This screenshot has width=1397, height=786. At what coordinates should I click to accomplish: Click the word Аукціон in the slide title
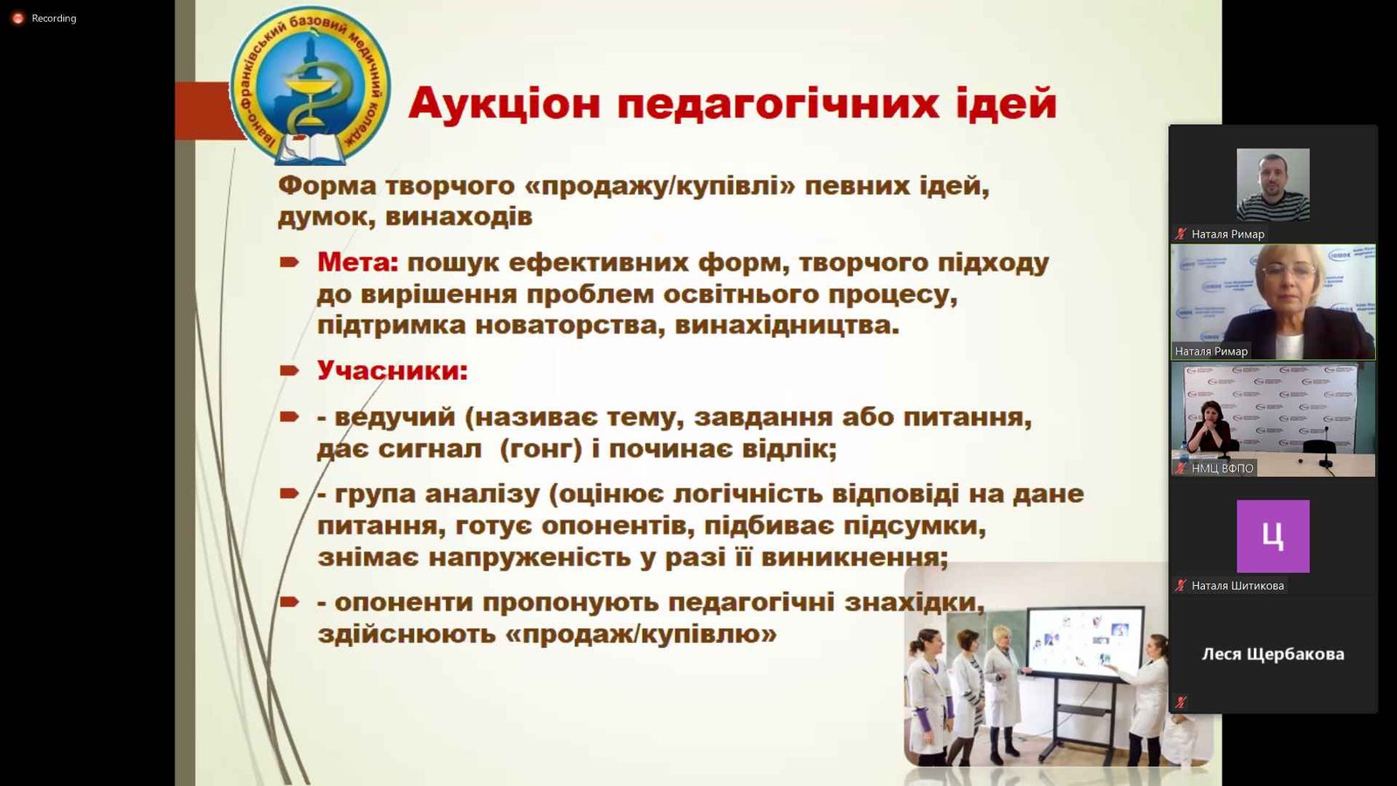tap(505, 104)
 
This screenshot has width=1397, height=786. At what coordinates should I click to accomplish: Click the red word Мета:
tap(357, 263)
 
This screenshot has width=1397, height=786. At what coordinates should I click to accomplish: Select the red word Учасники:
tap(392, 370)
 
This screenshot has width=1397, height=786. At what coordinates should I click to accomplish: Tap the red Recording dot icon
tap(18, 18)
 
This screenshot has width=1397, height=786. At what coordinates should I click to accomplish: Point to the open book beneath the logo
tap(310, 149)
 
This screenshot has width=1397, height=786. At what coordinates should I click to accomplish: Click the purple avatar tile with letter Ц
tap(1273, 536)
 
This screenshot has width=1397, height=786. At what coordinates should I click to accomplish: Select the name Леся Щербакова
tap(1273, 654)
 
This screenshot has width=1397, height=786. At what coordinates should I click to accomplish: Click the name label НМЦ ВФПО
tap(1222, 468)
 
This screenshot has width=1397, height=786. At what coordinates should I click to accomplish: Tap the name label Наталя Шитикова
tap(1237, 586)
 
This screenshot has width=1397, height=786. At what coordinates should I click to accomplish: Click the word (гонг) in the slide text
tap(540, 449)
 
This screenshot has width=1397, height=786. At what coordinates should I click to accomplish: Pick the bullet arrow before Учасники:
tap(289, 371)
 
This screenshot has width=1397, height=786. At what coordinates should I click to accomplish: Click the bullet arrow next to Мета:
tap(289, 263)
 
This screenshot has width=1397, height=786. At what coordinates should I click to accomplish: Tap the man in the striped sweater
tap(1273, 184)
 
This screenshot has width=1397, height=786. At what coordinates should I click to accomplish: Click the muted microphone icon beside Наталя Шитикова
tap(1180, 586)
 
